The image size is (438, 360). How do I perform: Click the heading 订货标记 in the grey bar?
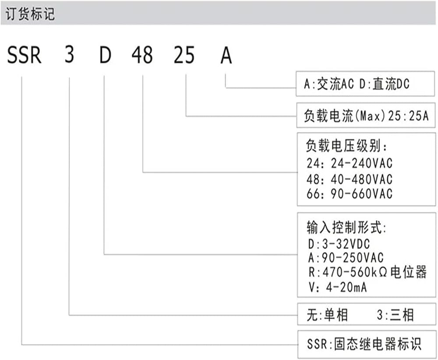tap(30, 14)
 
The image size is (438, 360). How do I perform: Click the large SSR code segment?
tap(24, 55)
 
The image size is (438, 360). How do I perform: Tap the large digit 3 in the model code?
tap(69, 54)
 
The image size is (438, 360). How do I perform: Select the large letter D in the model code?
tap(105, 55)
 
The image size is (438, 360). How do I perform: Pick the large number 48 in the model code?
tap(142, 55)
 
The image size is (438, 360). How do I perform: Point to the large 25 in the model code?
tap(184, 55)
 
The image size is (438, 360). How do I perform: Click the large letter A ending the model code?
tap(226, 55)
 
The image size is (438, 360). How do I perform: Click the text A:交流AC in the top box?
tap(329, 84)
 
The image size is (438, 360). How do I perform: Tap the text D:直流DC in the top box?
tap(385, 84)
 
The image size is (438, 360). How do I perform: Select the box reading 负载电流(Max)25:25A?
tap(366, 115)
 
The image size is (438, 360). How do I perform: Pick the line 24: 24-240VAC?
tap(350, 163)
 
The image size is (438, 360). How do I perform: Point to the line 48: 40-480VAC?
tap(350, 179)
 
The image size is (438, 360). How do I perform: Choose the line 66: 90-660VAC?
tap(350, 194)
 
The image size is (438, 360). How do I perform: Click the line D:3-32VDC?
tap(339, 244)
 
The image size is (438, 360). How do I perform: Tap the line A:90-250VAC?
tap(346, 258)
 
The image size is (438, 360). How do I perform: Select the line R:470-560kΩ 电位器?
tap(367, 272)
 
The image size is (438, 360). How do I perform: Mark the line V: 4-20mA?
tap(337, 287)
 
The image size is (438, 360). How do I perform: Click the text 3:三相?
tap(395, 315)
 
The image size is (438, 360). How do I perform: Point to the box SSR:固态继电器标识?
tap(367, 344)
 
